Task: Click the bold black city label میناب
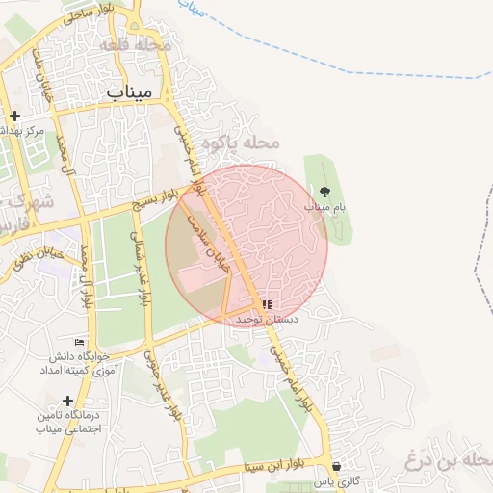(x=129, y=92)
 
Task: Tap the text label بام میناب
(x=324, y=207)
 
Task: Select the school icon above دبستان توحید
(x=267, y=304)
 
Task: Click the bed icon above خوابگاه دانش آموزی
(x=79, y=342)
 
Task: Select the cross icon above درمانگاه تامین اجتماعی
(x=67, y=401)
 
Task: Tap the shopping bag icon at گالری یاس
(x=335, y=466)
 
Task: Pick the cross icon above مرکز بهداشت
(x=14, y=116)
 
